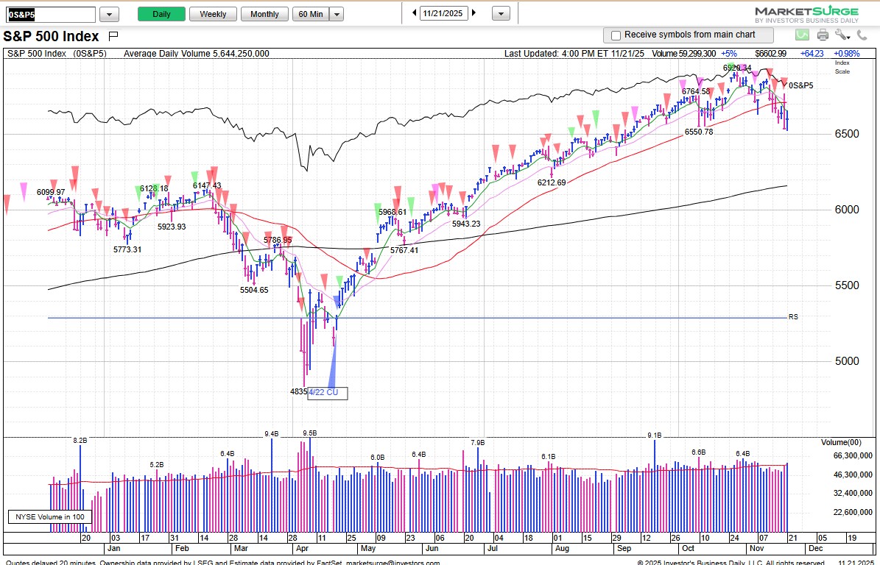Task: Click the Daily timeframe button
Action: (161, 14)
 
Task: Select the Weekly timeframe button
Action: (213, 14)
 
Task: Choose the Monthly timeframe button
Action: (264, 14)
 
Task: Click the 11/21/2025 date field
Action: (444, 13)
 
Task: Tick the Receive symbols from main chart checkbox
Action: (616, 35)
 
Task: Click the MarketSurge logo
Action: (806, 14)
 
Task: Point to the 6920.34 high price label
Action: (737, 68)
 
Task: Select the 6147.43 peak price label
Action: (207, 185)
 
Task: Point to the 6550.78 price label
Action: (698, 132)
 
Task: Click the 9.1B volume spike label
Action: (654, 436)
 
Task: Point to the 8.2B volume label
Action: (80, 440)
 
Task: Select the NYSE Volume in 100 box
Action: (49, 517)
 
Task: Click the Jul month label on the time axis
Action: (492, 549)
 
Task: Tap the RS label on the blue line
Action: (793, 317)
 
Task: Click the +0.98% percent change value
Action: (847, 54)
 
